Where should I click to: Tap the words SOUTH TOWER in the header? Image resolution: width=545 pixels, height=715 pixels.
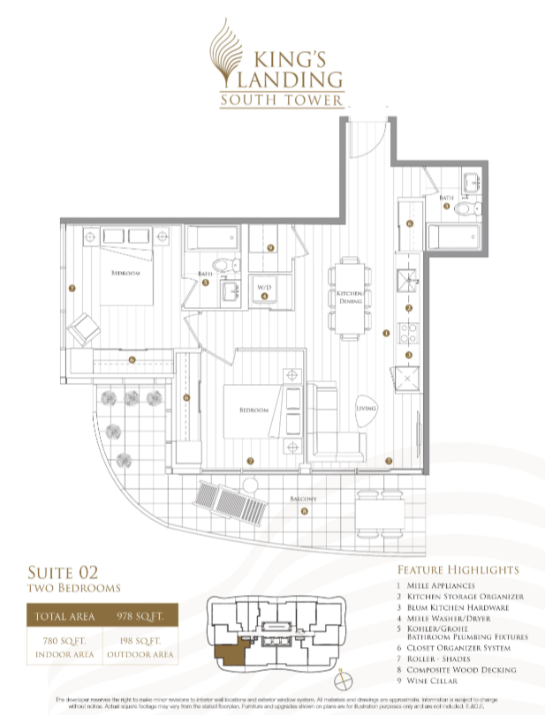282,101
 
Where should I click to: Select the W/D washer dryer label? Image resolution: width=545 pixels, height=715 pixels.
264,288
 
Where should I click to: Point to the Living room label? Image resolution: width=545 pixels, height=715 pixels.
366,409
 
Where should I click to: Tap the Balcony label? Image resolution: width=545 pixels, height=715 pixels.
303,499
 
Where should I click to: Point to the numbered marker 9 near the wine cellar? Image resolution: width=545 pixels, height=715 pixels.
270,249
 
